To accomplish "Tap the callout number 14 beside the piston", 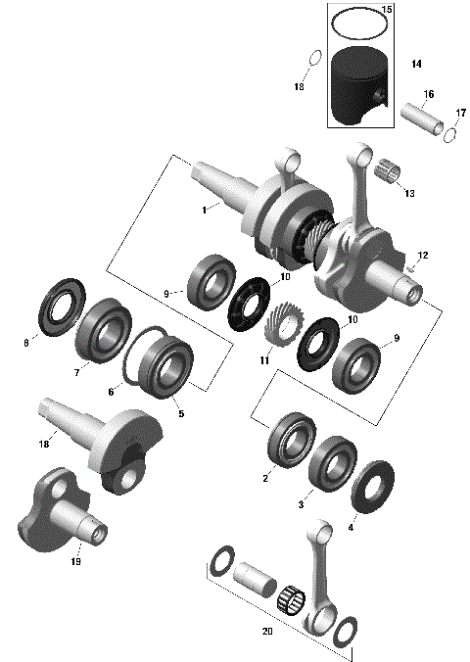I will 416,65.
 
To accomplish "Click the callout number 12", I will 423,255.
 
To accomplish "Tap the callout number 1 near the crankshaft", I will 204,210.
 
